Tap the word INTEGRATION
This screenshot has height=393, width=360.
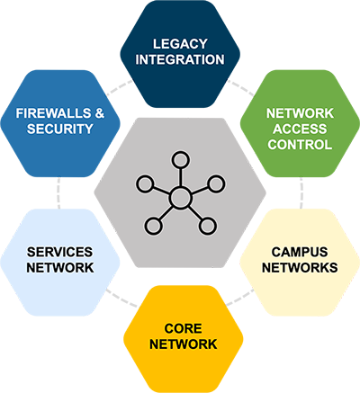[181, 59]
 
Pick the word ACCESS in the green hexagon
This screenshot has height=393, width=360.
[299, 129]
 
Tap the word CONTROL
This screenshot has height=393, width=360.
[299, 145]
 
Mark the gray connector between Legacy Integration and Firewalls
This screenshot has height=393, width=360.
[118, 87]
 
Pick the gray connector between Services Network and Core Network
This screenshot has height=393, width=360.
[119, 296]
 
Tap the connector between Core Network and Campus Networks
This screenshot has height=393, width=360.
[238, 296]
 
